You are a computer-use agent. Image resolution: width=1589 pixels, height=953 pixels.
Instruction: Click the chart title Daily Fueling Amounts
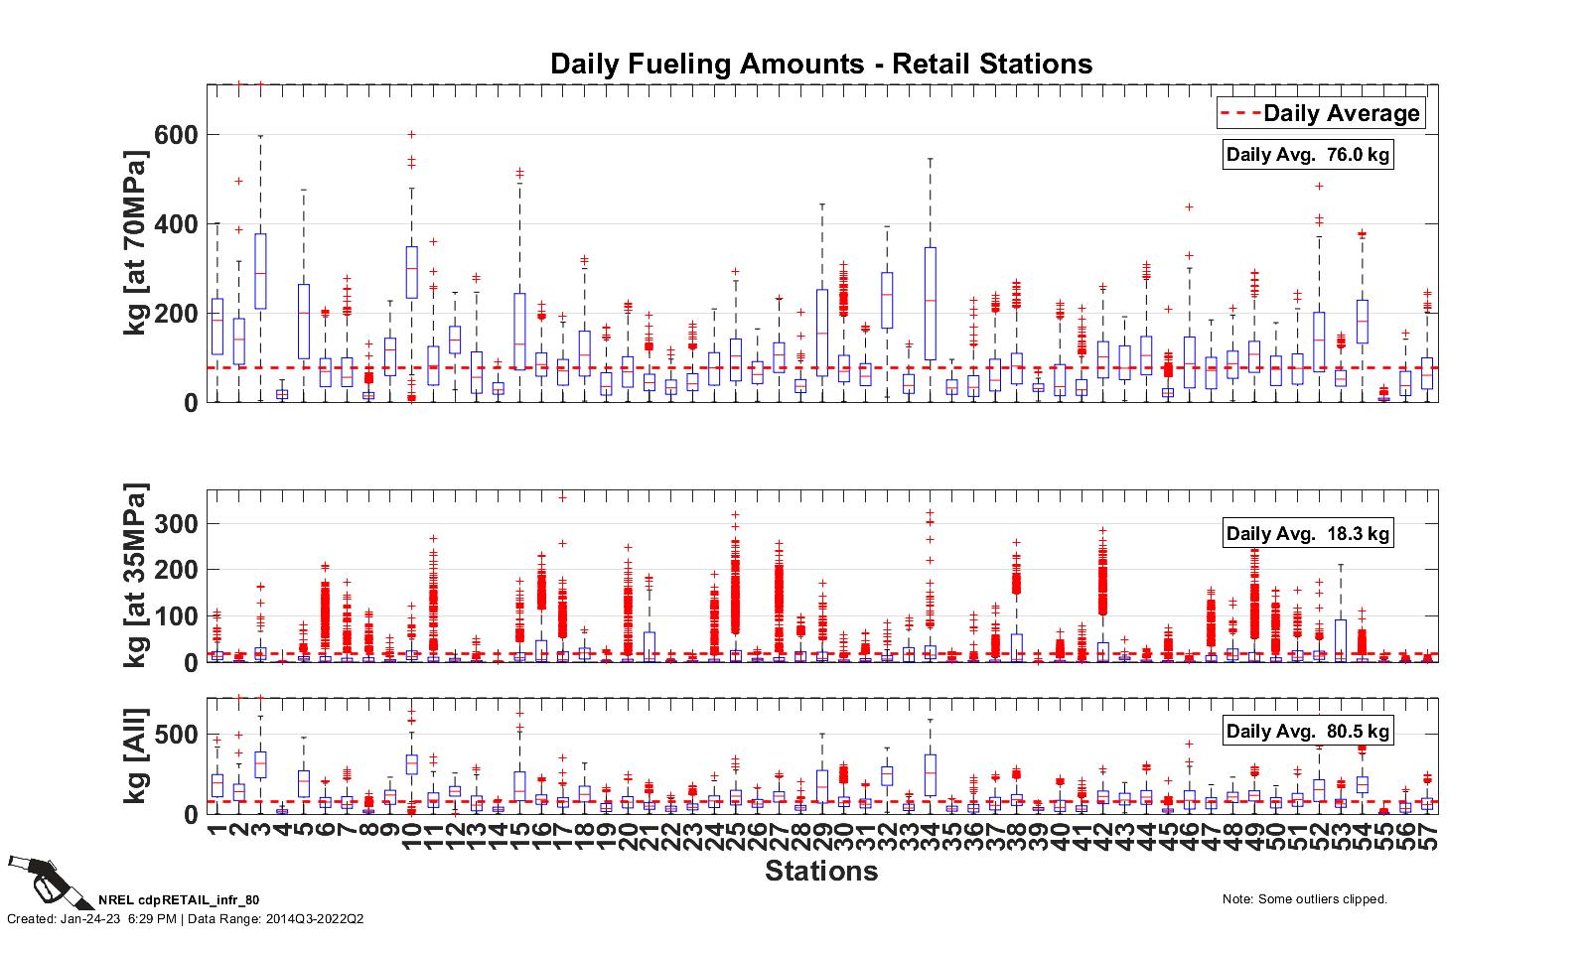821,65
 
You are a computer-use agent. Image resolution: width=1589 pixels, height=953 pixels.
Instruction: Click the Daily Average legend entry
1321,113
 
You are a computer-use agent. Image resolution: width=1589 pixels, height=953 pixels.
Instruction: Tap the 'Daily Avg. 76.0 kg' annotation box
1308,154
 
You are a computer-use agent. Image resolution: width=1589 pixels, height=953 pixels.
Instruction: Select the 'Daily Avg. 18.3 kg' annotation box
1308,533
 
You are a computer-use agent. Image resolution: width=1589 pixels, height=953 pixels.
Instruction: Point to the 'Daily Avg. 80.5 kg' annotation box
1308,731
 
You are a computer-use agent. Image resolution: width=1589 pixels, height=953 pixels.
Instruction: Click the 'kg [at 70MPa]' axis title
136,243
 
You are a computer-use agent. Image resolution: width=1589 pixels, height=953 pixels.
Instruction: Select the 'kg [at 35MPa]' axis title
136,576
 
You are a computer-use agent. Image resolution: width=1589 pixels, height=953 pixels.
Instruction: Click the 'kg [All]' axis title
136,756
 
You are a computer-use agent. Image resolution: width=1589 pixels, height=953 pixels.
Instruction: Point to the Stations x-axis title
821,871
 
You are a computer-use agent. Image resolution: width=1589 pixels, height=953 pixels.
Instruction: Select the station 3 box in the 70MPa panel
260,271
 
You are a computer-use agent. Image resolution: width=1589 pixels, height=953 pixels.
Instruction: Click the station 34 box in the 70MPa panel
930,303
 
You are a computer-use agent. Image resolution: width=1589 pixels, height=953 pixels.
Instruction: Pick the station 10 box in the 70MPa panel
411,272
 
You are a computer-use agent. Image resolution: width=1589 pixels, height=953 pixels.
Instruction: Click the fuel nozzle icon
40,879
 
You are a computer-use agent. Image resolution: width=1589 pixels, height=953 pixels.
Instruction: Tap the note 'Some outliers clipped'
1304,899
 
